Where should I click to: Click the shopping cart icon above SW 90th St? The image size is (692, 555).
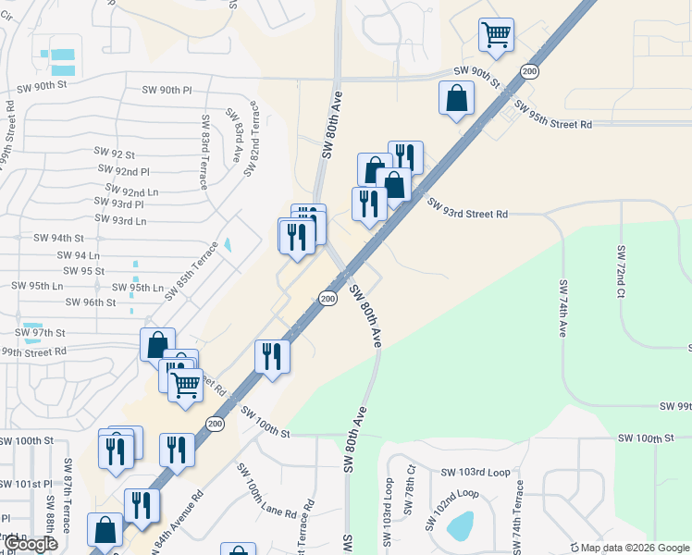(497, 35)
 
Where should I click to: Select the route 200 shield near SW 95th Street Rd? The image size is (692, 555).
(528, 71)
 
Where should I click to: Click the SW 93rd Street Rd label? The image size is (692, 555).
(467, 214)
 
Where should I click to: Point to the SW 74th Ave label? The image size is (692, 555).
(562, 308)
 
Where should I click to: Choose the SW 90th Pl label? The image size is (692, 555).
(167, 91)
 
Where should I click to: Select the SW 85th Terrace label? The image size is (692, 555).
(192, 270)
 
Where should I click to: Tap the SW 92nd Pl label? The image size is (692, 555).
(124, 171)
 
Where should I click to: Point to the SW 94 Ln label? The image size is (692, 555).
(78, 254)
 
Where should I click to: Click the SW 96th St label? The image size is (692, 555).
(99, 302)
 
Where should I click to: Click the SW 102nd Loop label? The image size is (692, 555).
(452, 508)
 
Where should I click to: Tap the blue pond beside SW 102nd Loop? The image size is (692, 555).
(460, 526)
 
